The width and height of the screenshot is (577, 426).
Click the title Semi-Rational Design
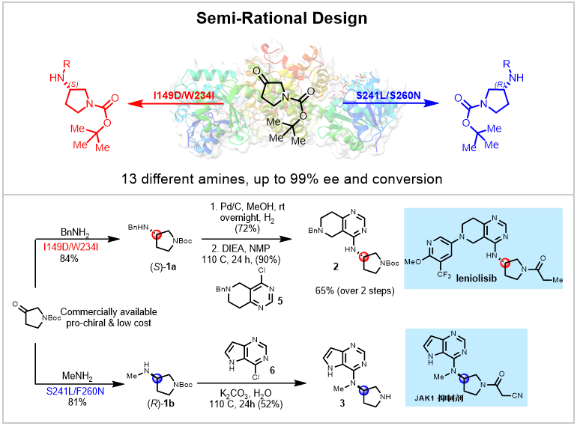(x=288, y=16)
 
